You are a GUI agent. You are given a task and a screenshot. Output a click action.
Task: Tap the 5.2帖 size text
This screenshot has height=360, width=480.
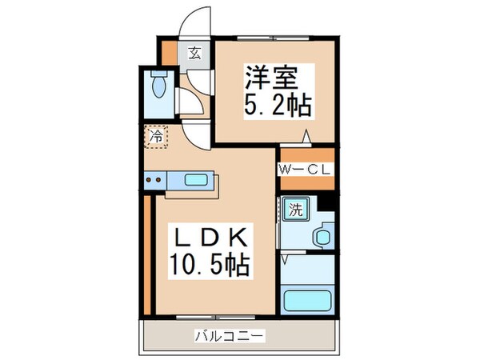coord(278,106)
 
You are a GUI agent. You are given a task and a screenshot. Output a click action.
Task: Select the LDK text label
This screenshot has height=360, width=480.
coord(210,238)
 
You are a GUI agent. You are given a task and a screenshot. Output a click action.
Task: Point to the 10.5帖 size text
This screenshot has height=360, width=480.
coord(210,265)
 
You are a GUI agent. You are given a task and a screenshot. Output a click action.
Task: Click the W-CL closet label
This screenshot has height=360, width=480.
coord(305,170)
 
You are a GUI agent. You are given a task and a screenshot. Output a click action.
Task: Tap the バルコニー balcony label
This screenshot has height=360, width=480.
coord(229,336)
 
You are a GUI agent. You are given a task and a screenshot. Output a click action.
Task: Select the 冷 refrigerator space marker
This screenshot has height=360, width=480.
coord(156,137)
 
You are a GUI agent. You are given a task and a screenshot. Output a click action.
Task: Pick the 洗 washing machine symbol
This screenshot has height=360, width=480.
coord(296,210)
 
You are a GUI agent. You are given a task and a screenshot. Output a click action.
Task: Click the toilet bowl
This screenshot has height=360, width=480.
coord(158,86)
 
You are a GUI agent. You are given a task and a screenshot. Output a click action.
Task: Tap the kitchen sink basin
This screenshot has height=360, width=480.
coord(196,180)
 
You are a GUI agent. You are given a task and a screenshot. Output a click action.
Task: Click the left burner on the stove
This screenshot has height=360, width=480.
coord(149,180)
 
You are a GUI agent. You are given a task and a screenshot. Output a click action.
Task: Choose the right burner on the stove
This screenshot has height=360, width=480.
coord(158,180)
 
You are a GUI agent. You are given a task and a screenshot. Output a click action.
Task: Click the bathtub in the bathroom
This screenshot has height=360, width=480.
coord(307,301)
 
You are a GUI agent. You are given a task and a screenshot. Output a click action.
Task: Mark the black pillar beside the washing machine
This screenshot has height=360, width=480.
coord(326,203)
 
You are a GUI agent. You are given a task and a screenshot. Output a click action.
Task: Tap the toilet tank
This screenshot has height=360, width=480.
coord(159,74)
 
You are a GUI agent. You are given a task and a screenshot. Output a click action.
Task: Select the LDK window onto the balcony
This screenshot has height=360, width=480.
coord(215,318)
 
